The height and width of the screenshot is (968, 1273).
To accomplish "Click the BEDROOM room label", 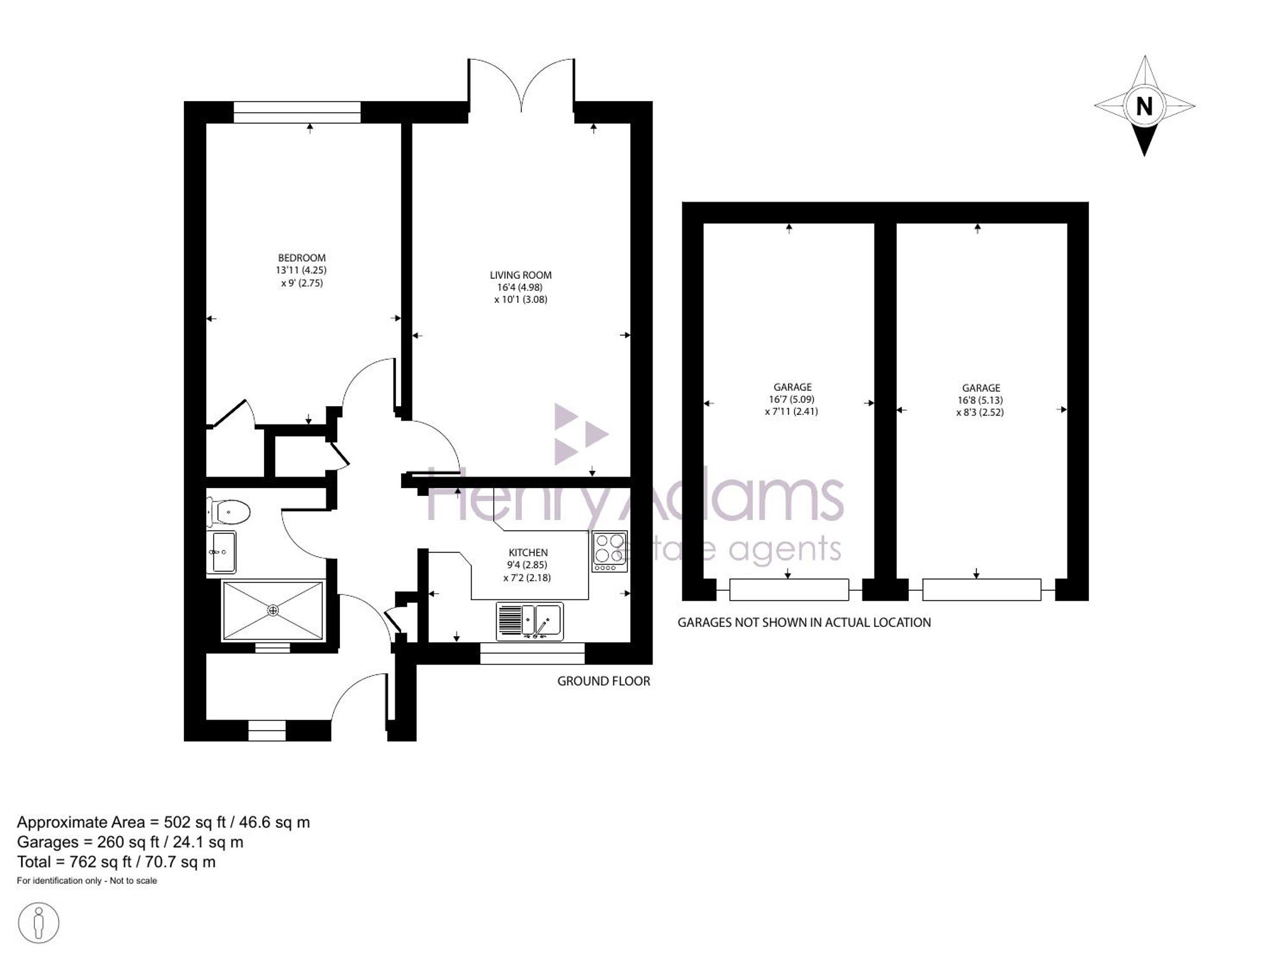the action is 302,258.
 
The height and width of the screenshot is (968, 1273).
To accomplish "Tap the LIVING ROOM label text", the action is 521,275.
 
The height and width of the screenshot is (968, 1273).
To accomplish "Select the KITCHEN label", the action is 528,552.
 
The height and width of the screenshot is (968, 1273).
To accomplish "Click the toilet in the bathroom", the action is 229,511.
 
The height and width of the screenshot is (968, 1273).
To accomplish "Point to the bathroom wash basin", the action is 221,552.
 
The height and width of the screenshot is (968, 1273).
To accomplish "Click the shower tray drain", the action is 273,611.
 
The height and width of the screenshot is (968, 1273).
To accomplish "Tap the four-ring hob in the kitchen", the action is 609,551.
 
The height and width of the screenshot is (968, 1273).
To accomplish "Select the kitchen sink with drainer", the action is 530,621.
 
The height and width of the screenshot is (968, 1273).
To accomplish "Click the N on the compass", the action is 1144,106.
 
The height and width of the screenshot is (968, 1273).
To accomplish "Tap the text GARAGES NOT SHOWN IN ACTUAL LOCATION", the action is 804,622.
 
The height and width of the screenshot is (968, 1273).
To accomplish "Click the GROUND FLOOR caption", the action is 603,681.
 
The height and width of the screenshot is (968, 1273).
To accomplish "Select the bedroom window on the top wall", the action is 297,112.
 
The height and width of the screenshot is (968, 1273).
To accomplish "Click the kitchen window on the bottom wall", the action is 532,654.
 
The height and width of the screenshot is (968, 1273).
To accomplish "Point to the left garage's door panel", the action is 789,589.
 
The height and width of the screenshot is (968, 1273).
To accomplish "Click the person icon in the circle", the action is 39,922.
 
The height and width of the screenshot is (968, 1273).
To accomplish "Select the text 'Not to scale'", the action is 134,881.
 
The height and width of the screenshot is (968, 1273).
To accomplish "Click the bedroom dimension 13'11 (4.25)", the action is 301,270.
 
